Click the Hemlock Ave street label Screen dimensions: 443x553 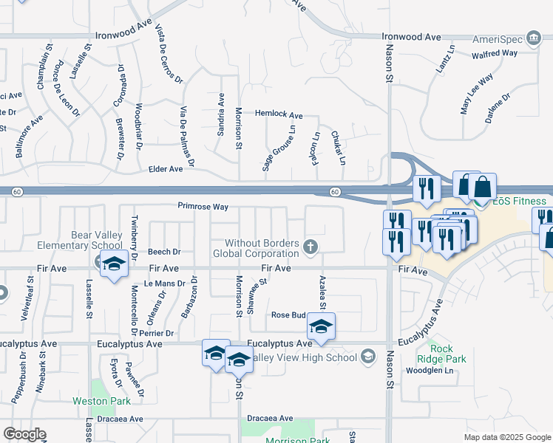pyautogui.click(x=279, y=115)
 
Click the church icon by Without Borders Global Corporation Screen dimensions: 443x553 pyautogui.click(x=311, y=247)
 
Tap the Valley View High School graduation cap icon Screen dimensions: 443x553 pyautogui.click(x=367, y=357)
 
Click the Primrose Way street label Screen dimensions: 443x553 pyautogui.click(x=202, y=207)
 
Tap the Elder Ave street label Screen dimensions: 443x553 pyautogui.click(x=166, y=169)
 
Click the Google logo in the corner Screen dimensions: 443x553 pyautogui.click(x=24, y=434)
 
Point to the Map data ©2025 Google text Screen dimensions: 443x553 pyautogui.click(x=506, y=437)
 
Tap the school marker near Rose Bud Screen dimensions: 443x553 pyautogui.click(x=321, y=326)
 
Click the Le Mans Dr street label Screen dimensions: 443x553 pyautogui.click(x=163, y=284)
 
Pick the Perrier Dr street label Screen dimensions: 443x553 pyautogui.click(x=160, y=334)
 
